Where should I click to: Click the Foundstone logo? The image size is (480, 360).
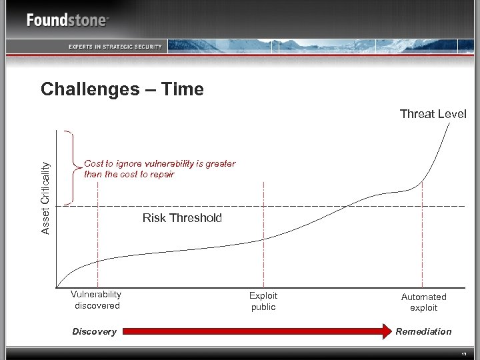coord(67,20)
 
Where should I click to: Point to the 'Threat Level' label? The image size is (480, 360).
coord(433,114)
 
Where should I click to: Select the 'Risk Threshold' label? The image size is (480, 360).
coord(182,218)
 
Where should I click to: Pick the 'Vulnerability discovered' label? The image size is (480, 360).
coord(97,300)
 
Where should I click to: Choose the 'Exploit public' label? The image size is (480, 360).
coord(263,301)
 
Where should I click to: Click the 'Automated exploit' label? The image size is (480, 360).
coord(423,302)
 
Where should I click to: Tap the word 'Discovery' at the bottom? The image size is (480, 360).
coord(94,331)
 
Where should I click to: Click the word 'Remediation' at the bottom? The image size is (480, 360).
coord(423,331)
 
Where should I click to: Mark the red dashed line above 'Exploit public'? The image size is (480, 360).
coord(264,233)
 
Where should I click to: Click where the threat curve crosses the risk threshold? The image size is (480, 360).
coord(348,206)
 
